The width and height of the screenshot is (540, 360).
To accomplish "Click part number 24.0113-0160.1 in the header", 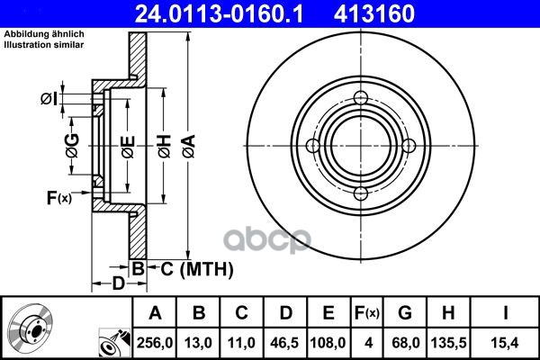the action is [219, 13].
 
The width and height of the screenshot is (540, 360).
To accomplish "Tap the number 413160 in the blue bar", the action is [374, 13].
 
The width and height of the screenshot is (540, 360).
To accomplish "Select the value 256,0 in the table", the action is [155, 343].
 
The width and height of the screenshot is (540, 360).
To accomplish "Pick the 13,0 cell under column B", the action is [198, 343].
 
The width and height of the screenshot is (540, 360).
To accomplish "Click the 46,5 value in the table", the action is [284, 343].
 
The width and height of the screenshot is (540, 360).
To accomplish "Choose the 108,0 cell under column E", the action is [328, 343].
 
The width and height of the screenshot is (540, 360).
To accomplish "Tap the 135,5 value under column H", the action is [449, 343].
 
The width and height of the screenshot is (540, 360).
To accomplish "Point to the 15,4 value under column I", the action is [505, 343].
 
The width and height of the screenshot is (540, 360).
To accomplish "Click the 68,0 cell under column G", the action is [405, 343].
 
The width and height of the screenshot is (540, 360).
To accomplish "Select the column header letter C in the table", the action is [241, 313].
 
